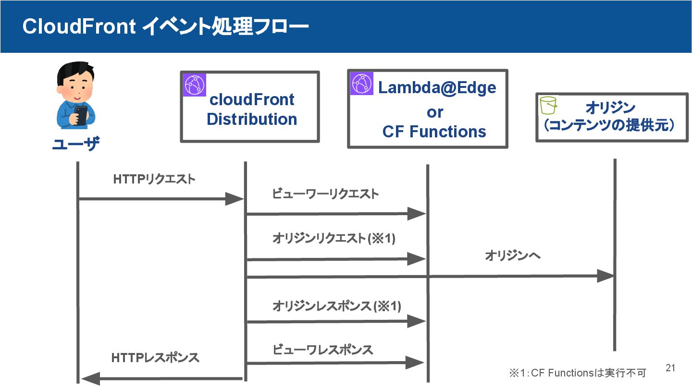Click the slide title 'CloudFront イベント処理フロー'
click(x=166, y=26)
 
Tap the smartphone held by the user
click(x=81, y=115)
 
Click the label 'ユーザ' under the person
click(x=76, y=144)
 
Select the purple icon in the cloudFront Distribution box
click(x=194, y=85)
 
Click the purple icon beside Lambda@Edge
click(x=361, y=84)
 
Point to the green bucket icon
click(x=548, y=105)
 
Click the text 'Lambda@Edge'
click(x=437, y=88)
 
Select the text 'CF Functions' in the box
click(x=434, y=132)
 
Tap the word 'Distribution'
click(x=252, y=119)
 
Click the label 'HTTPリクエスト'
click(x=154, y=179)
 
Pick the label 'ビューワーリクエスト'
click(x=325, y=194)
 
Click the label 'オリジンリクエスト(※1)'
click(x=334, y=238)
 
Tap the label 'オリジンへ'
click(x=512, y=255)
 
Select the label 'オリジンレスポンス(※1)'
click(x=336, y=306)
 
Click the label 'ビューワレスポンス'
click(x=322, y=350)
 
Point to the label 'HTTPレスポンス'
click(x=155, y=358)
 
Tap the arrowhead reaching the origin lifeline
click(x=605, y=276)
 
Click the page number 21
click(x=670, y=368)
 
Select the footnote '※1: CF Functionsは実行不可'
click(x=578, y=373)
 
